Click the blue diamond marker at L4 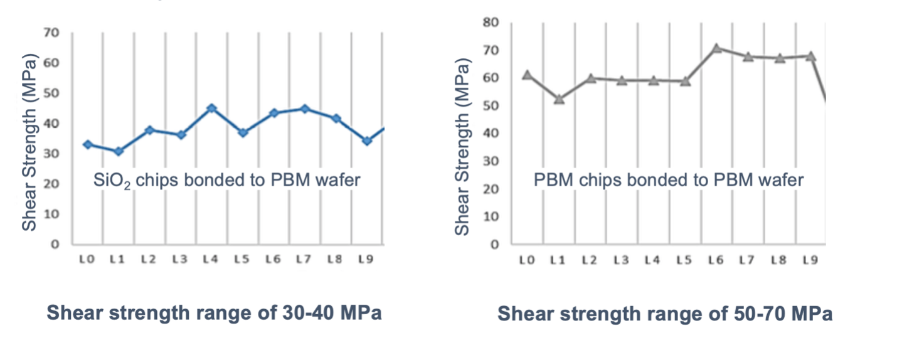pyautogui.click(x=212, y=109)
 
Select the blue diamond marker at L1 pyautogui.click(x=119, y=151)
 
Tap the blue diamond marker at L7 pyautogui.click(x=305, y=109)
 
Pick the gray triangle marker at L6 pyautogui.click(x=716, y=48)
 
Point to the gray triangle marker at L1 pyautogui.click(x=559, y=99)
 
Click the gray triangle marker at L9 pyautogui.click(x=810, y=56)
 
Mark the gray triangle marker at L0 pyautogui.click(x=527, y=75)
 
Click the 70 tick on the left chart pyautogui.click(x=52, y=33)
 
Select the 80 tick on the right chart pyautogui.click(x=491, y=23)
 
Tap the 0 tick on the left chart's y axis pyautogui.click(x=55, y=245)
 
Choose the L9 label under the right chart pyautogui.click(x=810, y=260)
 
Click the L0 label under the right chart pyautogui.click(x=527, y=260)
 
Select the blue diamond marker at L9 pyautogui.click(x=367, y=140)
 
